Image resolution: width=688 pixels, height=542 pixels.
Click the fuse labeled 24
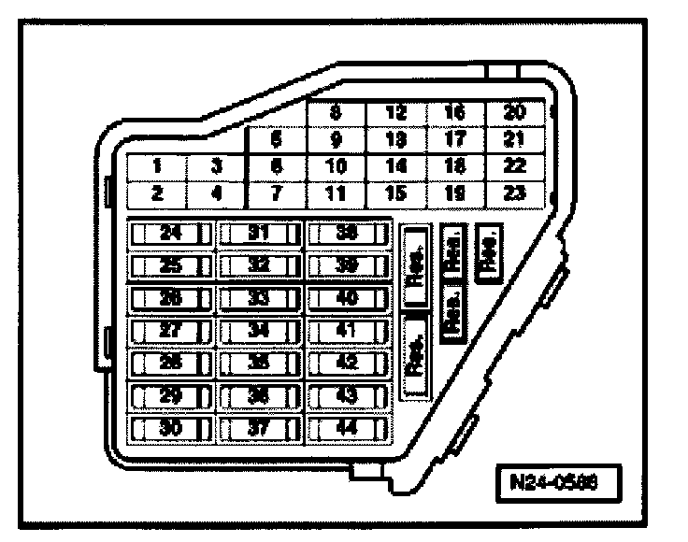[170, 234]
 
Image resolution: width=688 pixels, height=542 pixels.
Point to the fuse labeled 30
[170, 428]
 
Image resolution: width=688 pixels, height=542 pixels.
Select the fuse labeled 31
[260, 234]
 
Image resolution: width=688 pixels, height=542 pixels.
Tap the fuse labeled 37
[260, 428]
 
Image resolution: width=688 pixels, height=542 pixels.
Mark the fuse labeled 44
[347, 428]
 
